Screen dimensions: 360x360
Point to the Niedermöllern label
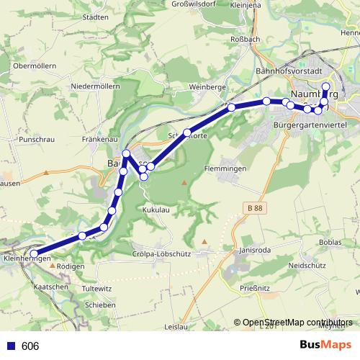(x=95, y=86)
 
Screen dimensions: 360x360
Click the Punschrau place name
(x=37, y=138)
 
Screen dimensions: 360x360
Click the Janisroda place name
(x=256, y=251)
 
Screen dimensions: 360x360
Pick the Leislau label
(x=176, y=325)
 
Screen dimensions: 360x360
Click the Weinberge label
(x=207, y=87)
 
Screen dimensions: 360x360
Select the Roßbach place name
(x=242, y=38)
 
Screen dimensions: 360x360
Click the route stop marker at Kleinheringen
(x=34, y=253)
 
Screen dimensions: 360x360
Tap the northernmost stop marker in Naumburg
(x=325, y=87)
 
